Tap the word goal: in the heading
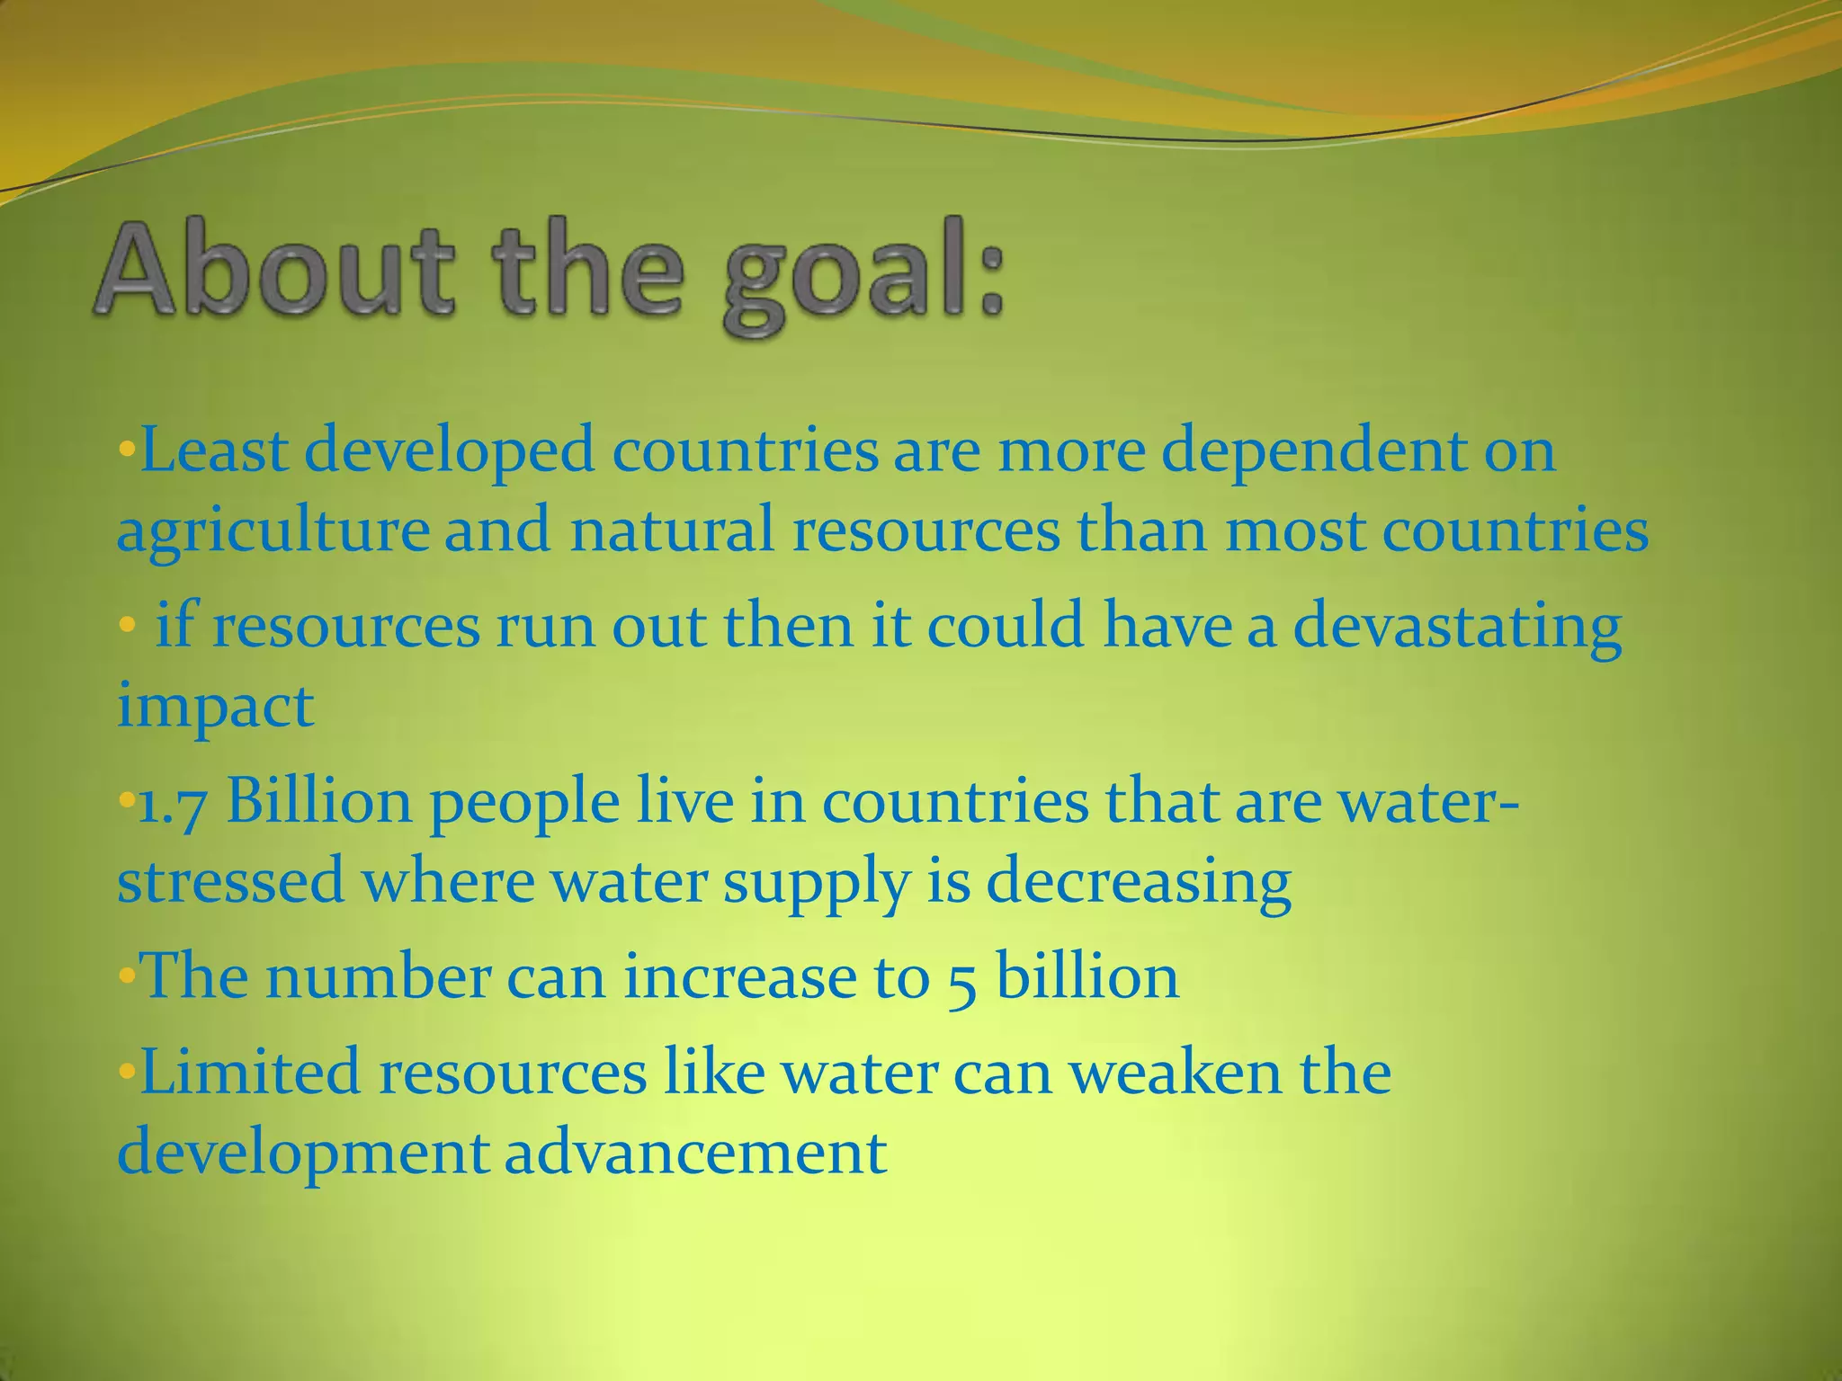(863, 279)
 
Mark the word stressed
(230, 881)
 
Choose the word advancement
(695, 1152)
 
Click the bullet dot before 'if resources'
(126, 623)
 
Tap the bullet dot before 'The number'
(126, 976)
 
